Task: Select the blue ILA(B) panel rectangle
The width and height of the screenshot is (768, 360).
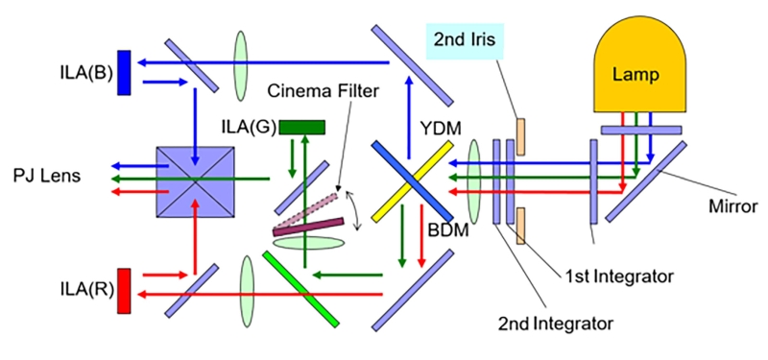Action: pyautogui.click(x=124, y=73)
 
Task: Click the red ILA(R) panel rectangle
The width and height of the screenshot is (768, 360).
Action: pyautogui.click(x=124, y=291)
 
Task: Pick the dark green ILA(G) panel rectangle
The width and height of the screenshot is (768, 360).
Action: pyautogui.click(x=301, y=128)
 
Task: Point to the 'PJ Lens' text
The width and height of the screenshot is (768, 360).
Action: pyautogui.click(x=47, y=176)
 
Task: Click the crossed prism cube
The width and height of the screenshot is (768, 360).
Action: pyautogui.click(x=195, y=181)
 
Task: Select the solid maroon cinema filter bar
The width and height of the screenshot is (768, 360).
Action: pyautogui.click(x=308, y=228)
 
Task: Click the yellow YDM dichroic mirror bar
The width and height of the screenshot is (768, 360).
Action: pyautogui.click(x=412, y=181)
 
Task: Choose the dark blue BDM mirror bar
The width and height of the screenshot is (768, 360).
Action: pyautogui.click(x=412, y=181)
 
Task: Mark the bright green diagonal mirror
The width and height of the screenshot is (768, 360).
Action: pyautogui.click(x=300, y=289)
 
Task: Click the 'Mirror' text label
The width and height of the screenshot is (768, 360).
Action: pyautogui.click(x=732, y=206)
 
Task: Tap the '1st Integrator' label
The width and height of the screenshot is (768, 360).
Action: pyautogui.click(x=615, y=276)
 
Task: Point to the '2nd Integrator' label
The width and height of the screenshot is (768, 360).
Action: pyautogui.click(x=556, y=324)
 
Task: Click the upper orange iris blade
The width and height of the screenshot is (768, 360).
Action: pyautogui.click(x=520, y=136)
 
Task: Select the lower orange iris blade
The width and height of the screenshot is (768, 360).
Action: pyautogui.click(x=520, y=226)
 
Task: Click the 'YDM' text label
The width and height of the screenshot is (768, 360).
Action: pyautogui.click(x=441, y=130)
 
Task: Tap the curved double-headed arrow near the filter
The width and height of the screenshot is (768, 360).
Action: pyautogui.click(x=357, y=210)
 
